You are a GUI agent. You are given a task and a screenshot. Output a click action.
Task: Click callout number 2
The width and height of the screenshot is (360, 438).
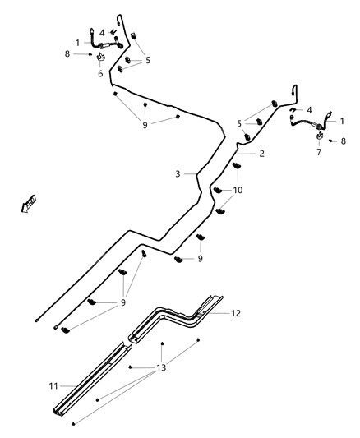(261, 154)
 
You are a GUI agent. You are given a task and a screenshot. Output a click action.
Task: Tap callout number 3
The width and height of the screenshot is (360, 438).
(177, 173)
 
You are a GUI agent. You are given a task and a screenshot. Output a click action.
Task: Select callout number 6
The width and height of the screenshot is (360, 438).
(101, 74)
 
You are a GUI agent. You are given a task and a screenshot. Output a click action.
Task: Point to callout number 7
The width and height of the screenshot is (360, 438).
(319, 153)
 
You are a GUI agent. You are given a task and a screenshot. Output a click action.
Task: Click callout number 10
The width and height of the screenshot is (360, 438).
(238, 190)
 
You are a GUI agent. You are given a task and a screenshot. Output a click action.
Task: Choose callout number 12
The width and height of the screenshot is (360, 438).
(237, 313)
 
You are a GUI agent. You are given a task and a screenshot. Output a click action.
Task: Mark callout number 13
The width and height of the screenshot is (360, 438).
(161, 367)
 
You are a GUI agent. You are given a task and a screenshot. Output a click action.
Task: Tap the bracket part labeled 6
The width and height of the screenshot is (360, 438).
(101, 58)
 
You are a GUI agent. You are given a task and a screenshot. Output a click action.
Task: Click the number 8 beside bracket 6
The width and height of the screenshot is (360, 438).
(67, 54)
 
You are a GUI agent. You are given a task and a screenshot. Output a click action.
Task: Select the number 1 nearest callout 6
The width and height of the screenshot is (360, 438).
(78, 42)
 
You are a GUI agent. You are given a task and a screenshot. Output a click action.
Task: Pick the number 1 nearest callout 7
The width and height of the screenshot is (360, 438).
(342, 121)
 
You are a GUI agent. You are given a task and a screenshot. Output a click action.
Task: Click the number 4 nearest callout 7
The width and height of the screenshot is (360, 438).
(309, 109)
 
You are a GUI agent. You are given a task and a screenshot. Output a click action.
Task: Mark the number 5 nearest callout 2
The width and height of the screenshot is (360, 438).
(239, 123)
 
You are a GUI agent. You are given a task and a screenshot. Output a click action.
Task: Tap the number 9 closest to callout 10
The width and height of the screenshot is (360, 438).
(200, 259)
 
